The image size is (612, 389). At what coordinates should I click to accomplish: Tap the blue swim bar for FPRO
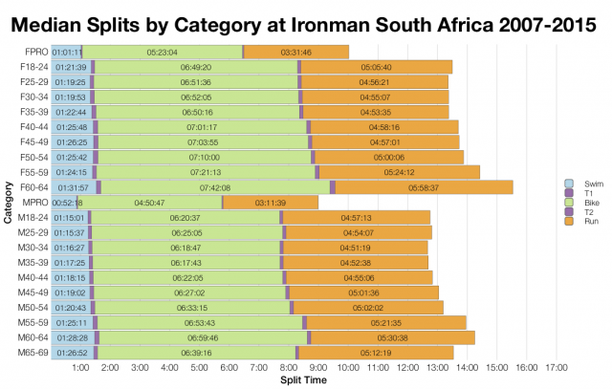click(66, 53)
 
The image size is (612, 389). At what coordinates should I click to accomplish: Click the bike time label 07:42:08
click(214, 187)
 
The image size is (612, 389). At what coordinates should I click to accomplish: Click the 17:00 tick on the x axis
click(557, 367)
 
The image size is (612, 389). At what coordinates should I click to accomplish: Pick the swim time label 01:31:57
click(73, 187)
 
